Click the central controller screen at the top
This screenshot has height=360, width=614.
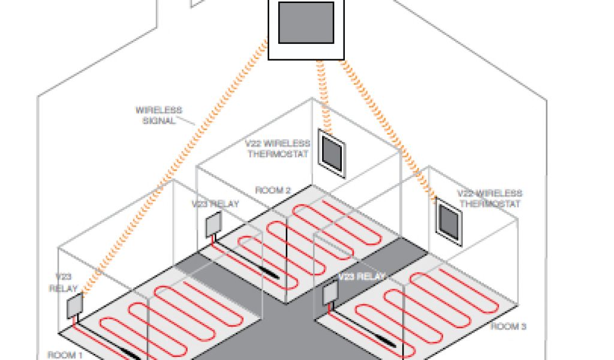pyautogui.click(x=306, y=22)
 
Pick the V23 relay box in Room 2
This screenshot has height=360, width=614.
pyautogui.click(x=214, y=226)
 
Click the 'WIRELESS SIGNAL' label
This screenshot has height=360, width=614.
pyautogui.click(x=158, y=115)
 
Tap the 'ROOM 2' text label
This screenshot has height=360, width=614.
pyautogui.click(x=273, y=191)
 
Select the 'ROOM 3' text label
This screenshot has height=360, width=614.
pyautogui.click(x=508, y=327)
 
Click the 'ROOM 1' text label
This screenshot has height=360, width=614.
pyautogui.click(x=65, y=355)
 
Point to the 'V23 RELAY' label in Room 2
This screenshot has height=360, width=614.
pyautogui.click(x=215, y=204)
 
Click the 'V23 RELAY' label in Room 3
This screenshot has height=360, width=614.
pyautogui.click(x=362, y=277)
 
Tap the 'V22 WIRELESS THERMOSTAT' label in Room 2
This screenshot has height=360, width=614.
pyautogui.click(x=278, y=149)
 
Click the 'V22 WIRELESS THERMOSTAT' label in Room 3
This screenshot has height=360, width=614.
pyautogui.click(x=489, y=199)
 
